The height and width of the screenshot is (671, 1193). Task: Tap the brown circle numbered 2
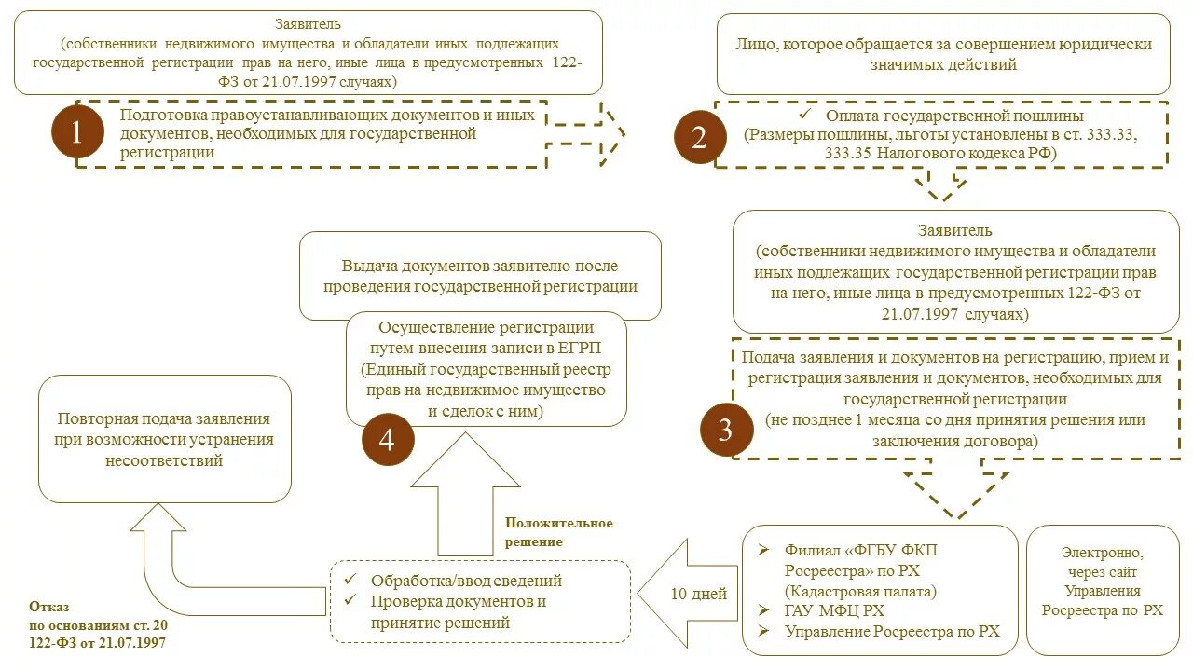pyautogui.click(x=700, y=138)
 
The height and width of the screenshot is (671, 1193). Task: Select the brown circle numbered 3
pyautogui.click(x=725, y=430)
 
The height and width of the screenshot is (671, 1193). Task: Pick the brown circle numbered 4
pyautogui.click(x=386, y=439)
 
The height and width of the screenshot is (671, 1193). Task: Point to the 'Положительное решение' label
pyautogui.click(x=558, y=532)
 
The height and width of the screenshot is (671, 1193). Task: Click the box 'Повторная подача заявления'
pyautogui.click(x=164, y=439)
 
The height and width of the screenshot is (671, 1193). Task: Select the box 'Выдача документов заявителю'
pyautogui.click(x=480, y=276)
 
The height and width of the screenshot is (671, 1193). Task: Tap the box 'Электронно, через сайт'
pyautogui.click(x=1104, y=590)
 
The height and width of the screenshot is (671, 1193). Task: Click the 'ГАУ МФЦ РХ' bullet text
pyautogui.click(x=834, y=610)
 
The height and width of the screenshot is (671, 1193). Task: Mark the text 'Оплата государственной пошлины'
pyautogui.click(x=953, y=116)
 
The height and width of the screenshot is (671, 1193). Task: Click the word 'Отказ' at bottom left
pyautogui.click(x=48, y=606)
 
